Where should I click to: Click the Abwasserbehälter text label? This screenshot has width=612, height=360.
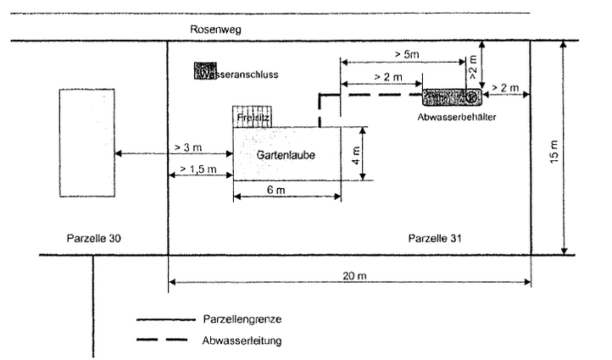(x=456, y=116)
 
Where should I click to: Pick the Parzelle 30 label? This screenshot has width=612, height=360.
(x=94, y=237)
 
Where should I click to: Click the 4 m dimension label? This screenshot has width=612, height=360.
(x=356, y=153)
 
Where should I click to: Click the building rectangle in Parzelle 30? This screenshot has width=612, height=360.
(x=84, y=143)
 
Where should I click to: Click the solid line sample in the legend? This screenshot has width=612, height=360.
(x=165, y=320)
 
